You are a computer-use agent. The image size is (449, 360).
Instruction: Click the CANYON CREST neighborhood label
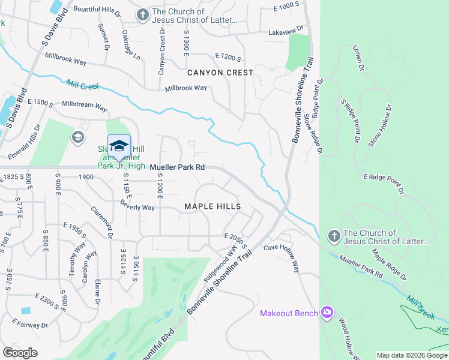pyautogui.click(x=220, y=73)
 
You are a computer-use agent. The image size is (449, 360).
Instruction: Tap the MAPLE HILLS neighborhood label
pyautogui.click(x=212, y=206)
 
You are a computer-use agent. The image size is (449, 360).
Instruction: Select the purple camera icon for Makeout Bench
pyautogui.click(x=327, y=312)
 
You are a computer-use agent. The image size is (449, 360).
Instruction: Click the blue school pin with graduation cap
pyautogui.click(x=119, y=146)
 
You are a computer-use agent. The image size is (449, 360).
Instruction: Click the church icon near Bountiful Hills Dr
pyautogui.click(x=142, y=14)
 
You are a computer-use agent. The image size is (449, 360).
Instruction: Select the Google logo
pyautogui.click(x=20, y=352)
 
